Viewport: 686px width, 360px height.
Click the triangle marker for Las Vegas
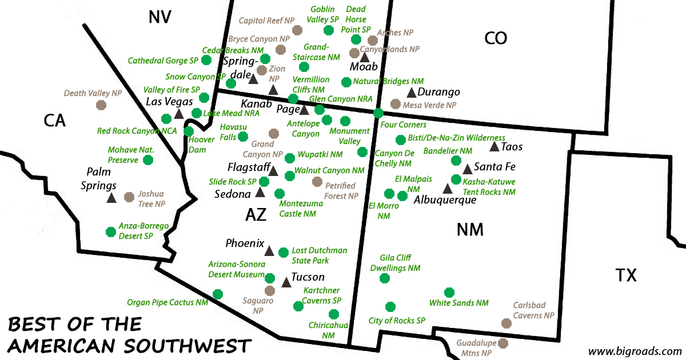pyautogui.click(x=178, y=114)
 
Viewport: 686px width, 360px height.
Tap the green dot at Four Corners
pyautogui.click(x=378, y=113)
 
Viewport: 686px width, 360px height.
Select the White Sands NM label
pyautogui.click(x=459, y=303)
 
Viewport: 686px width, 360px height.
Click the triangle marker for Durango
pyautogui.click(x=412, y=93)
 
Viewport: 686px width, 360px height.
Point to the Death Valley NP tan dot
pyautogui.click(x=101, y=105)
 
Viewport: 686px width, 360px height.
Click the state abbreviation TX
pyautogui.click(x=626, y=276)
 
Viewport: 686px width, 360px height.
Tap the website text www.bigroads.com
pyautogui.click(x=635, y=351)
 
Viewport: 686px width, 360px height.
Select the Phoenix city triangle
pyautogui.click(x=269, y=251)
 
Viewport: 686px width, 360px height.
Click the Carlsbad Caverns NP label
pyautogui.click(x=533, y=310)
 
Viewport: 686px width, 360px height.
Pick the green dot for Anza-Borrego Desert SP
pyautogui.click(x=111, y=231)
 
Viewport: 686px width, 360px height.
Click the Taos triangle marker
pyautogui.click(x=494, y=147)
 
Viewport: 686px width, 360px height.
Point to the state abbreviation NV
pyautogui.click(x=159, y=17)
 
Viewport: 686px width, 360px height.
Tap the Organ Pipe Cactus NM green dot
pyautogui.click(x=217, y=294)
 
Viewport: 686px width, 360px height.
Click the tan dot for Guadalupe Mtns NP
pyautogui.click(x=503, y=343)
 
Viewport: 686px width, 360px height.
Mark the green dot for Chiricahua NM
pyautogui.click(x=334, y=314)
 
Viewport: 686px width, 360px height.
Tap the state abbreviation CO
pyautogui.click(x=496, y=38)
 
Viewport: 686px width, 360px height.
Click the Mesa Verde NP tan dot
pyautogui.click(x=395, y=104)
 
